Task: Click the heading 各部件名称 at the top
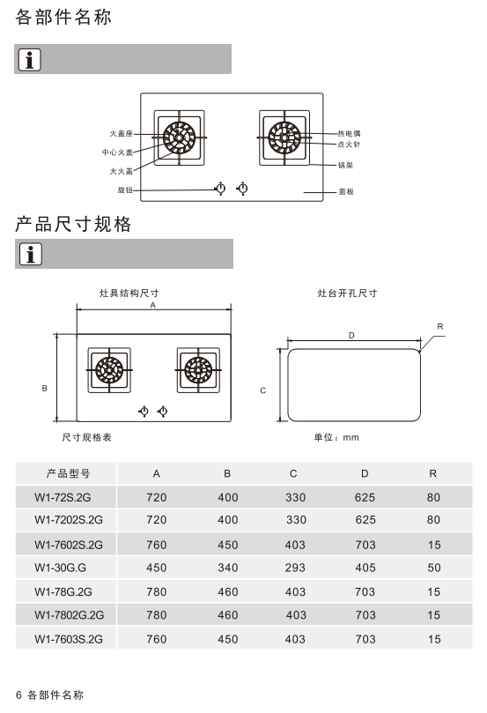click(x=63, y=18)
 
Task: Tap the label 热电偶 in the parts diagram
click(x=349, y=134)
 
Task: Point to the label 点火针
click(x=349, y=145)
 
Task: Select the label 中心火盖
click(x=117, y=152)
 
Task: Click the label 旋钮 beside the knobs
click(x=125, y=190)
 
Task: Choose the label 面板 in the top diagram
click(x=346, y=192)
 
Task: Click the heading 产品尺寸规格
click(x=73, y=224)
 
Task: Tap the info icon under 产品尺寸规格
click(x=31, y=254)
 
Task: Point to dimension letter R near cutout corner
click(x=439, y=326)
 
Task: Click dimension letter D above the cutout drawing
click(x=351, y=336)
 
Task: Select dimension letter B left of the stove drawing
click(x=45, y=389)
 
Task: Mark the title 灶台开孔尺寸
click(x=347, y=293)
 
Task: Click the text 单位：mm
click(x=336, y=437)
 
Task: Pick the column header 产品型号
click(x=68, y=474)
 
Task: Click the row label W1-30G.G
click(x=61, y=568)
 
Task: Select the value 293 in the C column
click(x=295, y=568)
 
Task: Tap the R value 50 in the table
click(x=434, y=568)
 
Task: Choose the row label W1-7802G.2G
click(x=69, y=615)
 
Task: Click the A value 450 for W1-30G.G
click(x=156, y=568)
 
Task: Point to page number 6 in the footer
click(x=18, y=694)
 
